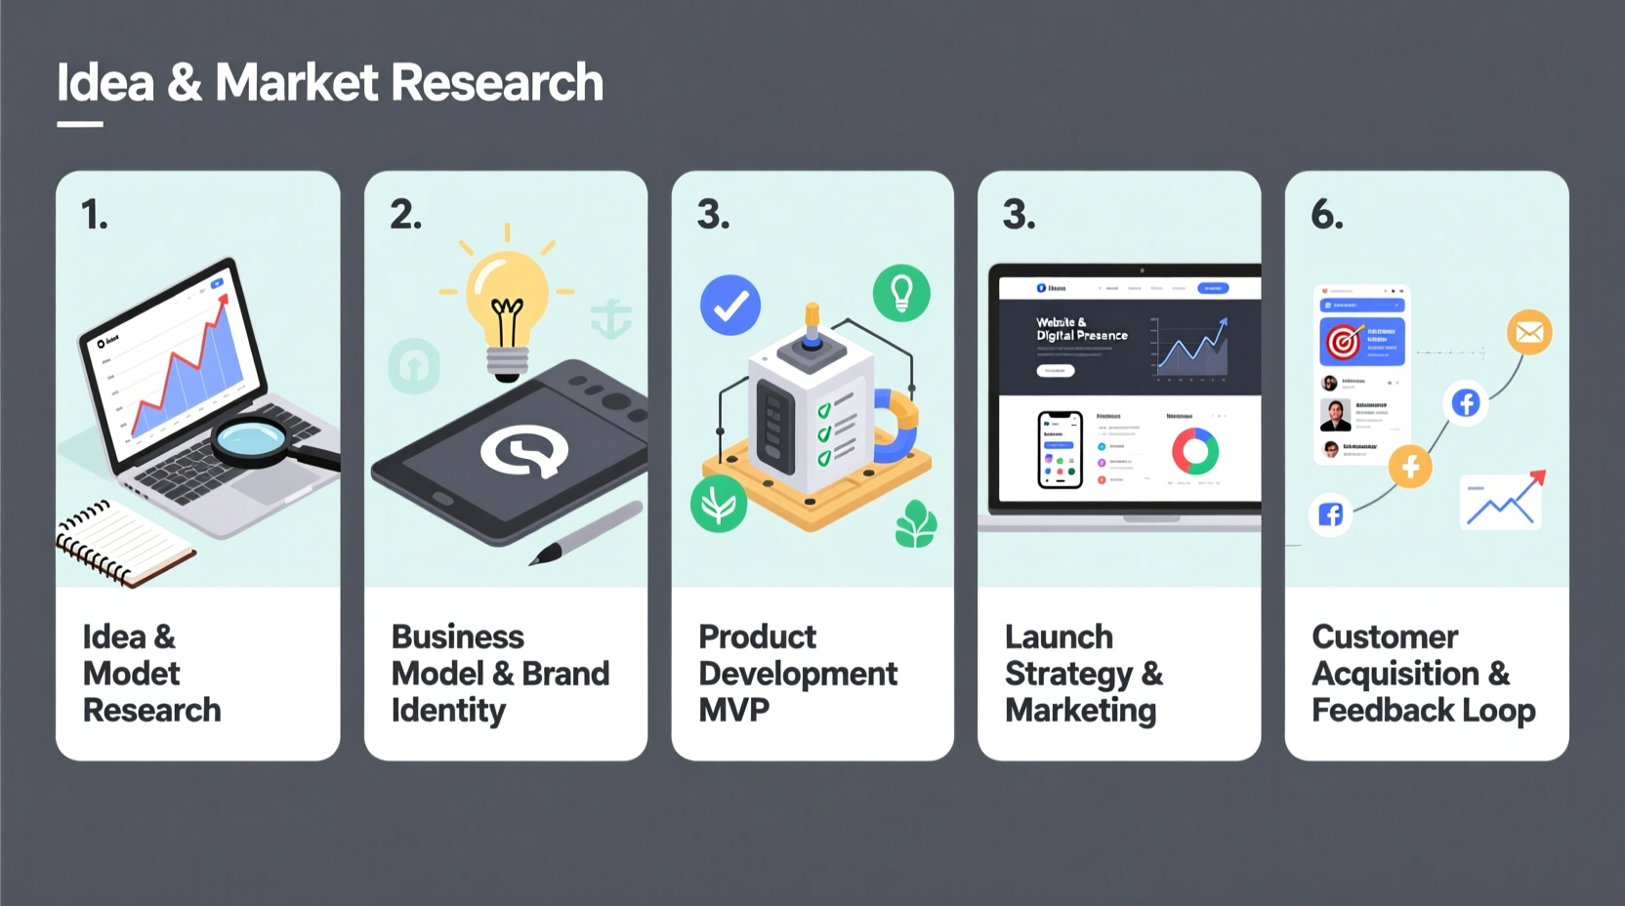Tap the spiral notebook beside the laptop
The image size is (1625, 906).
[x=122, y=543]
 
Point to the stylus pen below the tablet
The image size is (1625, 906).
[x=586, y=533]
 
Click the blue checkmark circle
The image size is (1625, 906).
[x=729, y=306]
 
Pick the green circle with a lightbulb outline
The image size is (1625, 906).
[x=900, y=293]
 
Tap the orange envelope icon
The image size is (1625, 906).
[x=1529, y=333]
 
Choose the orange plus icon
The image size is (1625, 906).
[x=1410, y=468]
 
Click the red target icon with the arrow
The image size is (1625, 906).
[x=1344, y=342]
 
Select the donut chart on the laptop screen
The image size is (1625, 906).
[x=1195, y=451]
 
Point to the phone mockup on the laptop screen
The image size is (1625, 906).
[x=1060, y=449]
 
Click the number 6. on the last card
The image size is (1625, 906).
[x=1326, y=214]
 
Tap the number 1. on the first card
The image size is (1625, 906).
[x=94, y=215]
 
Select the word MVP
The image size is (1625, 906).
[x=733, y=710]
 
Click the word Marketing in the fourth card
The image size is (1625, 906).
[x=1080, y=711]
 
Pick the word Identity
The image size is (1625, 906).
[x=448, y=711]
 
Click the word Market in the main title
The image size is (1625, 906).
[x=297, y=82]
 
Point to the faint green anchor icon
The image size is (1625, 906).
[x=611, y=318]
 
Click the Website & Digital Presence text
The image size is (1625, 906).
[x=1081, y=328]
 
